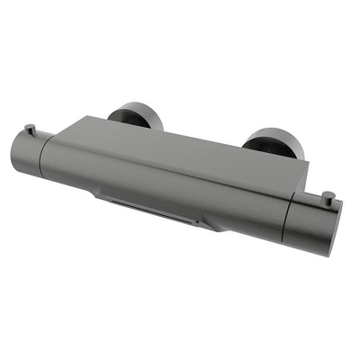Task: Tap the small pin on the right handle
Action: pos(328,196)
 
